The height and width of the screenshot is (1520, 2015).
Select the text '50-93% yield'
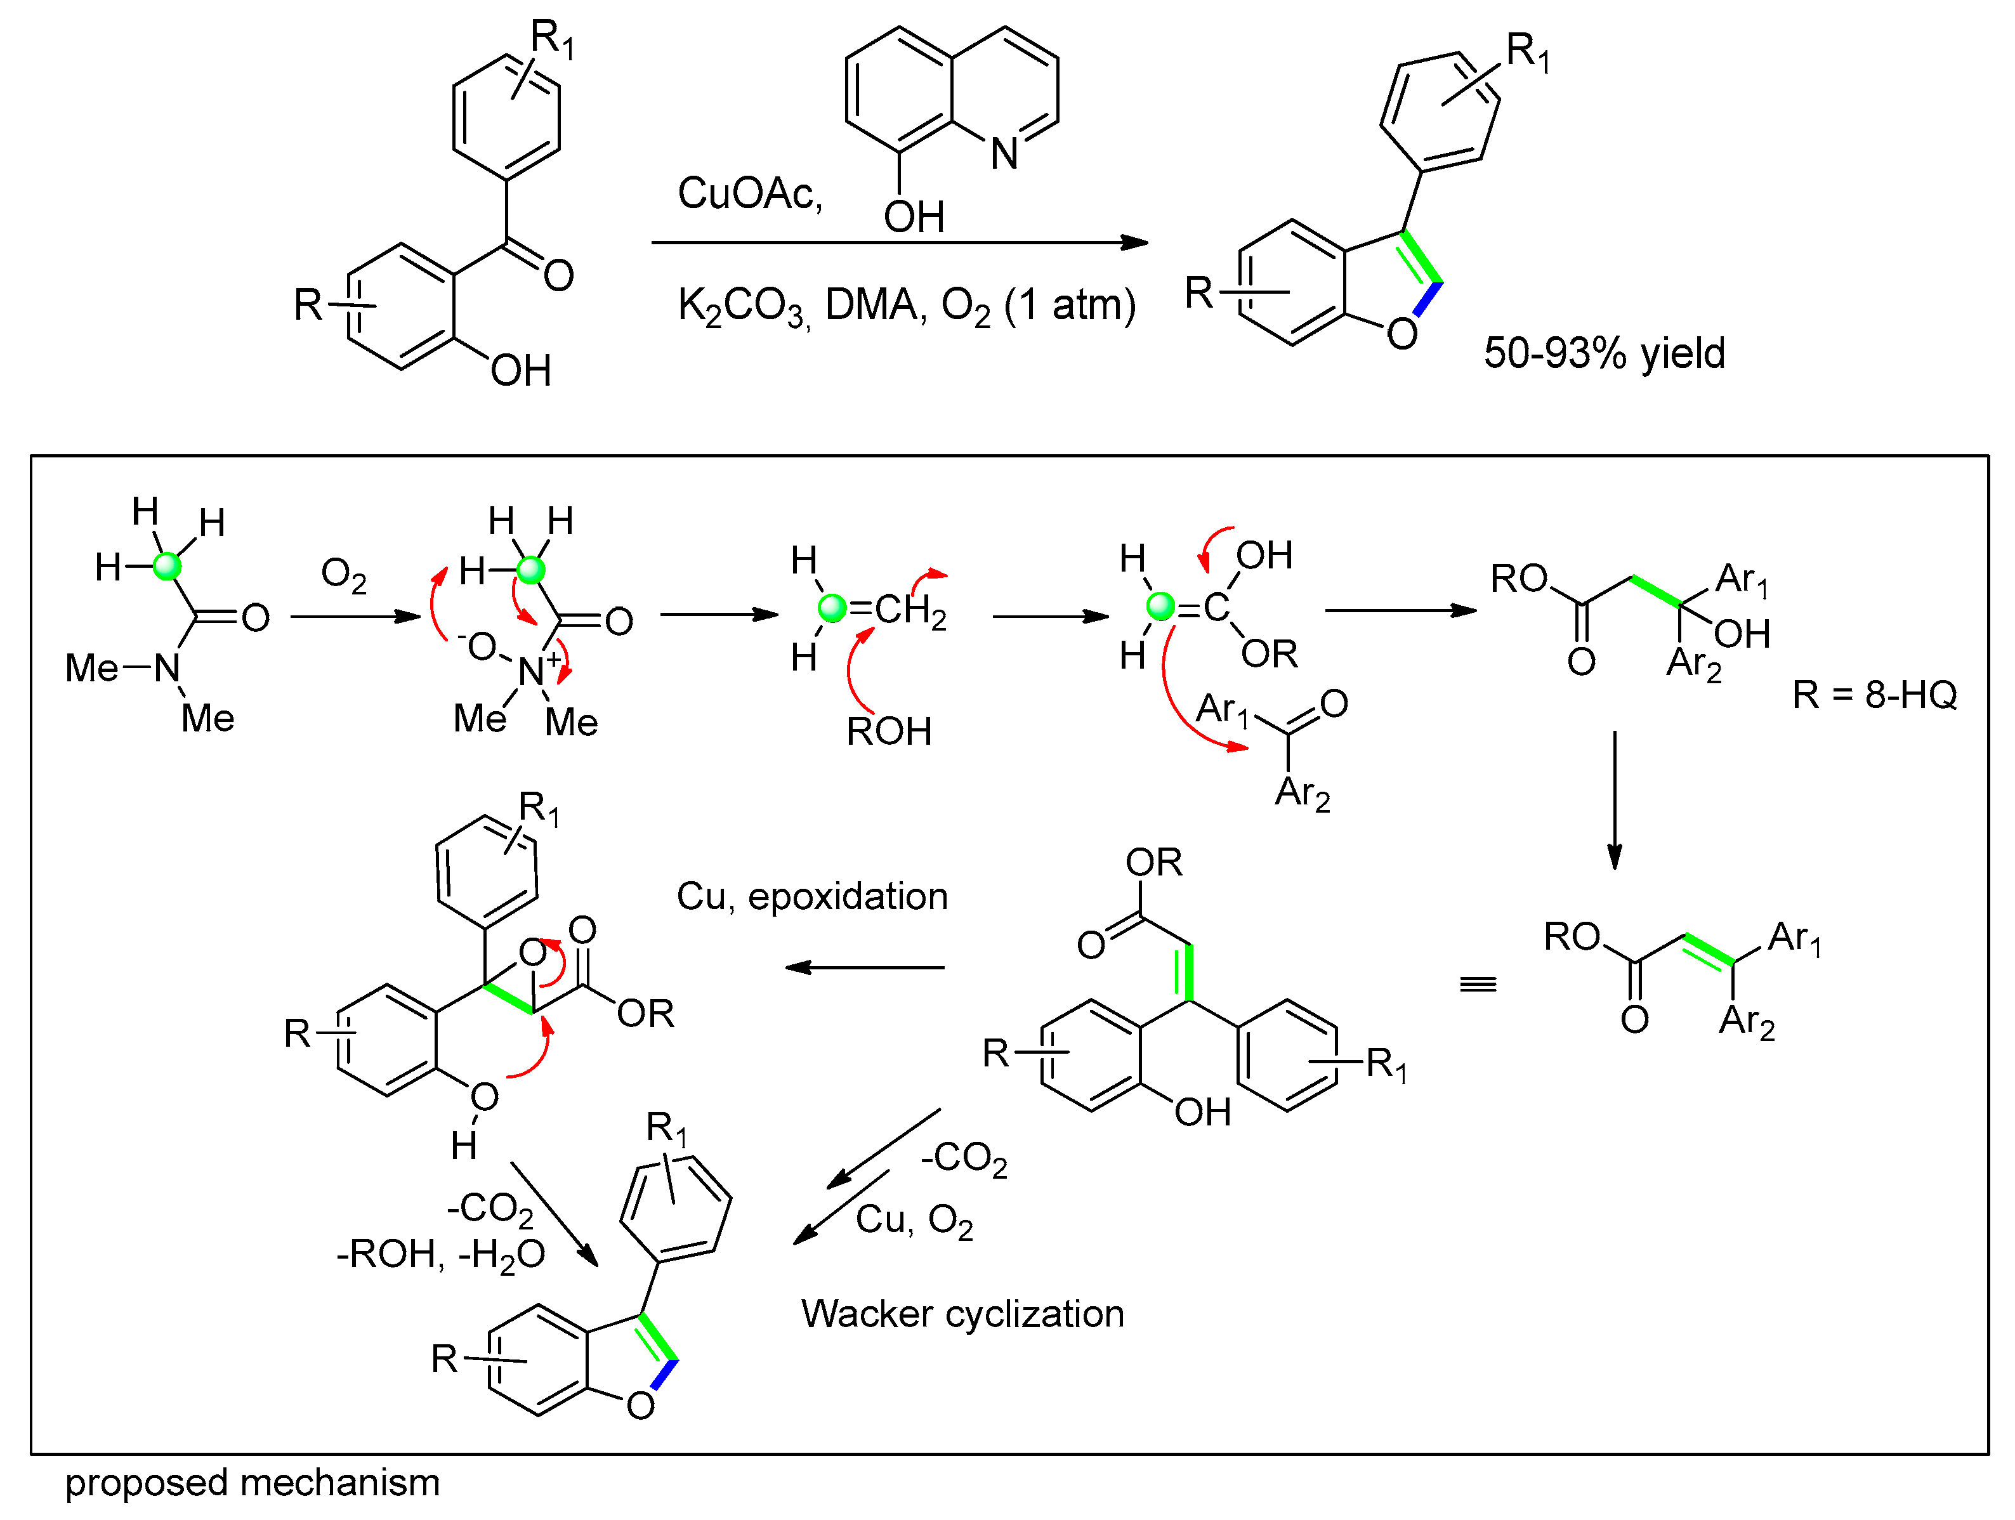tap(1604, 353)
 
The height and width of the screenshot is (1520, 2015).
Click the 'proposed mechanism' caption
tap(253, 1483)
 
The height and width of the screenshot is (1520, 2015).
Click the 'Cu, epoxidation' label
tap(811, 897)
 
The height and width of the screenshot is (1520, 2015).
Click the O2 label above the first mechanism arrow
tap(343, 575)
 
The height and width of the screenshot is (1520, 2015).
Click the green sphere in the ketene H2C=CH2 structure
tap(832, 608)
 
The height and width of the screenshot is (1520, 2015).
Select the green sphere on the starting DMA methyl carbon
tap(167, 567)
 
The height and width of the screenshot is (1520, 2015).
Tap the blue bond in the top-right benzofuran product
tap(1428, 299)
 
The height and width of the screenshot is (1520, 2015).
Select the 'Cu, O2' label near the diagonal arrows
tap(914, 1221)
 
